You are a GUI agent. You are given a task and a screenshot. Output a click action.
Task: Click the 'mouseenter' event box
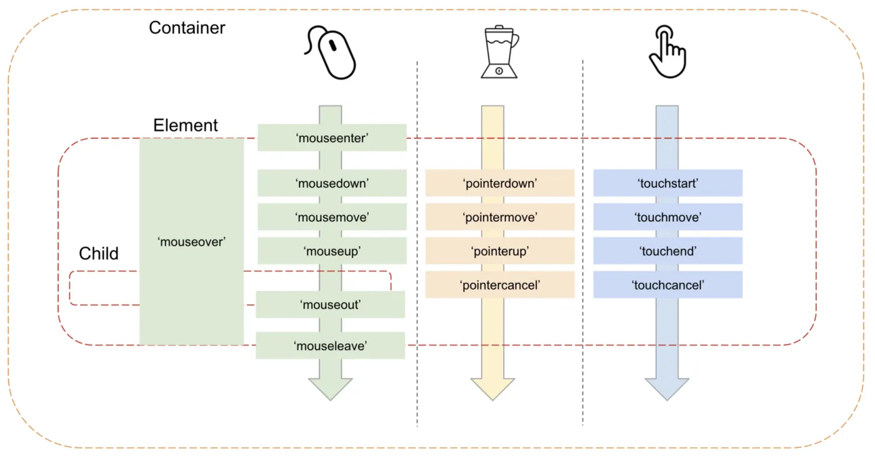332,138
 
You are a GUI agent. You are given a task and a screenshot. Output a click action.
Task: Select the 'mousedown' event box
332,183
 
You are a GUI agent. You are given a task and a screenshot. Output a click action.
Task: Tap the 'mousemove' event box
332,217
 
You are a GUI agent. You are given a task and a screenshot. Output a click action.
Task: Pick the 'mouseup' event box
332,251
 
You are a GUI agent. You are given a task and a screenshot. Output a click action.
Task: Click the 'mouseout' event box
331,304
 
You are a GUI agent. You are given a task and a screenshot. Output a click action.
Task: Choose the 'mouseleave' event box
331,346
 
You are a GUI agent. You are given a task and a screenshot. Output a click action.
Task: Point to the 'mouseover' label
191,241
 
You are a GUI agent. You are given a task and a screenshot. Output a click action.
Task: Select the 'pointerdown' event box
500,183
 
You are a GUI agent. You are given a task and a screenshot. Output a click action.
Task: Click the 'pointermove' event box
500,217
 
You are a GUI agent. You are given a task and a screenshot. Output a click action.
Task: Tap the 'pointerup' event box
500,251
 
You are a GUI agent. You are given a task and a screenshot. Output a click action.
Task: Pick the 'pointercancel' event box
500,284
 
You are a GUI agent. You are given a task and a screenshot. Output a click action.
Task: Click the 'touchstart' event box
667,183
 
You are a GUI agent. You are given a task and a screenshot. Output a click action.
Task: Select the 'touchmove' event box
667,217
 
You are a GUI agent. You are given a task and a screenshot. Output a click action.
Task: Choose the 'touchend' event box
667,251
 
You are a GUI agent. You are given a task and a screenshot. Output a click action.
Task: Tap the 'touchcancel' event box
667,284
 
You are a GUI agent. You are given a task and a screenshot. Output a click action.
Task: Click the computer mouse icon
331,54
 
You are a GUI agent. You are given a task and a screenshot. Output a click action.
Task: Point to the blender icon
499,52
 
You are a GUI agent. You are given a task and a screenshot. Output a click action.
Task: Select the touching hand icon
667,51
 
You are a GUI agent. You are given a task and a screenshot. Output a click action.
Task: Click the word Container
187,28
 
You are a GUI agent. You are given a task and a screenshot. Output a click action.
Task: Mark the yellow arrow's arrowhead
492,388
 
